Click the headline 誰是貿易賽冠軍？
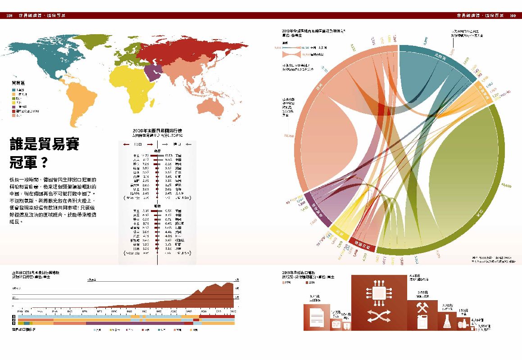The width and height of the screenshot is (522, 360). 45,153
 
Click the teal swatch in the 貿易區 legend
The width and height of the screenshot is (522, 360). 14,90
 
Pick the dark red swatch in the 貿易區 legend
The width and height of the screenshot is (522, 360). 14,111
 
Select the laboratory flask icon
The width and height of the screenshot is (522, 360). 448,321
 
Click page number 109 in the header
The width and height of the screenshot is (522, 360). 513,16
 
